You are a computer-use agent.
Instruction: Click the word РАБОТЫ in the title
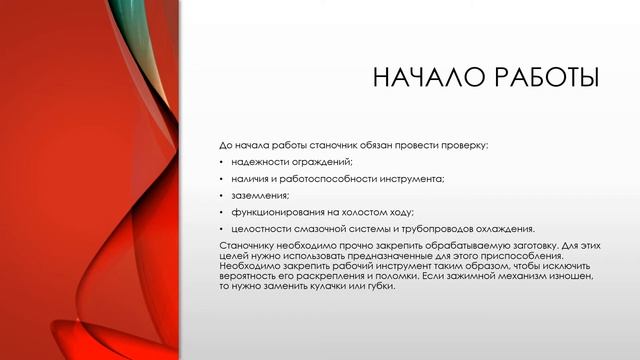click(541, 78)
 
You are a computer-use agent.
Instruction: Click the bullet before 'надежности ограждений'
click(221, 162)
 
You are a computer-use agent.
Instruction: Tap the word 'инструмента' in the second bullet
click(414, 178)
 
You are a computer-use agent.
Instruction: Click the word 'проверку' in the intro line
click(460, 145)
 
